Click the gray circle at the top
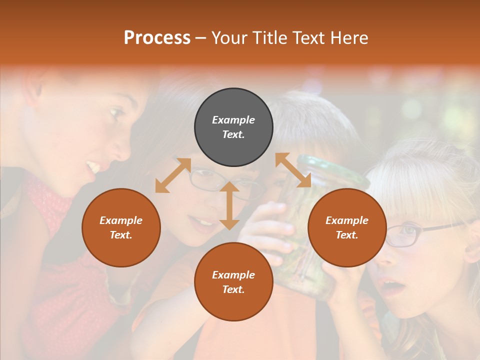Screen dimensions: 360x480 click(233, 127)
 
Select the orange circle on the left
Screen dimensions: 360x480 click(121, 227)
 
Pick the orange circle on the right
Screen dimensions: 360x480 click(347, 227)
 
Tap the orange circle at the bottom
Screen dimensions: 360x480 click(233, 281)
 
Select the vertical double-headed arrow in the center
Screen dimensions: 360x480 click(229, 205)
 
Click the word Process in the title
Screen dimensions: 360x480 click(157, 38)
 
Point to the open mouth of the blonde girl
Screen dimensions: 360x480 click(394, 287)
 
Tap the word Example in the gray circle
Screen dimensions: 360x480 click(233, 120)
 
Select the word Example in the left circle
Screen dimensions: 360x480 click(121, 220)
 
